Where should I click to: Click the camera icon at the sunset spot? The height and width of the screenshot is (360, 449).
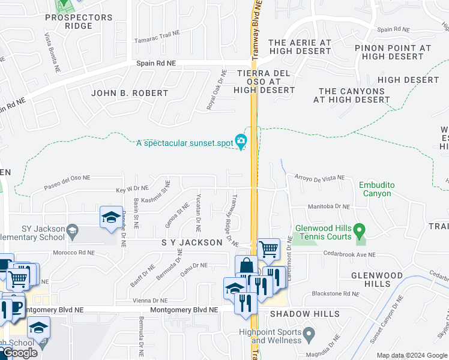point(241,142)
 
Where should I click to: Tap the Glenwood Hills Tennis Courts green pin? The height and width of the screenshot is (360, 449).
point(359,230)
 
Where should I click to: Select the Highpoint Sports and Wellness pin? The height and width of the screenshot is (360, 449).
point(309,333)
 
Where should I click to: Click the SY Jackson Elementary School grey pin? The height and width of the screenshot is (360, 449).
point(72,230)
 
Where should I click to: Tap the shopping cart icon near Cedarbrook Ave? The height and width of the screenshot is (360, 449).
point(268,248)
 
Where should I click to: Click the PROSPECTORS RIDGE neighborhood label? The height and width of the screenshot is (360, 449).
point(78,22)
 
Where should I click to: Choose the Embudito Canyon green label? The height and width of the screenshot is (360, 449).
point(375,189)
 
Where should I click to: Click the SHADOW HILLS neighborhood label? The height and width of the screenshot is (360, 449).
point(304,314)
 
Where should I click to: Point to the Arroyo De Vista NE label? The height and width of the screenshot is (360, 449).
point(319,178)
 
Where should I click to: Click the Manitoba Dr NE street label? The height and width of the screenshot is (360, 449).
point(328,206)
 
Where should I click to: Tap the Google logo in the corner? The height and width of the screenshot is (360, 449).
point(19,353)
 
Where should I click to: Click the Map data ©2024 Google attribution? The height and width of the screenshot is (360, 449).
point(412,355)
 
